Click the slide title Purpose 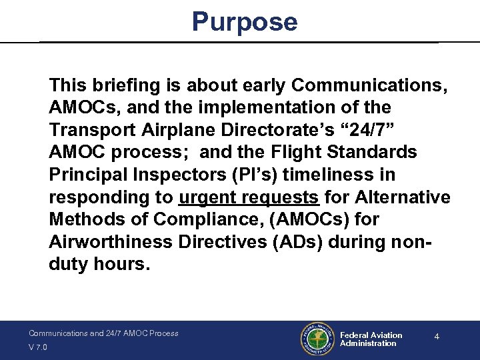[x=245, y=22]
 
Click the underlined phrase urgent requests [x=249, y=198]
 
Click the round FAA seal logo [x=317, y=339]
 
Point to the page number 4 [x=437, y=337]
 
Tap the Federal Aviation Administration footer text [x=371, y=339]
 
